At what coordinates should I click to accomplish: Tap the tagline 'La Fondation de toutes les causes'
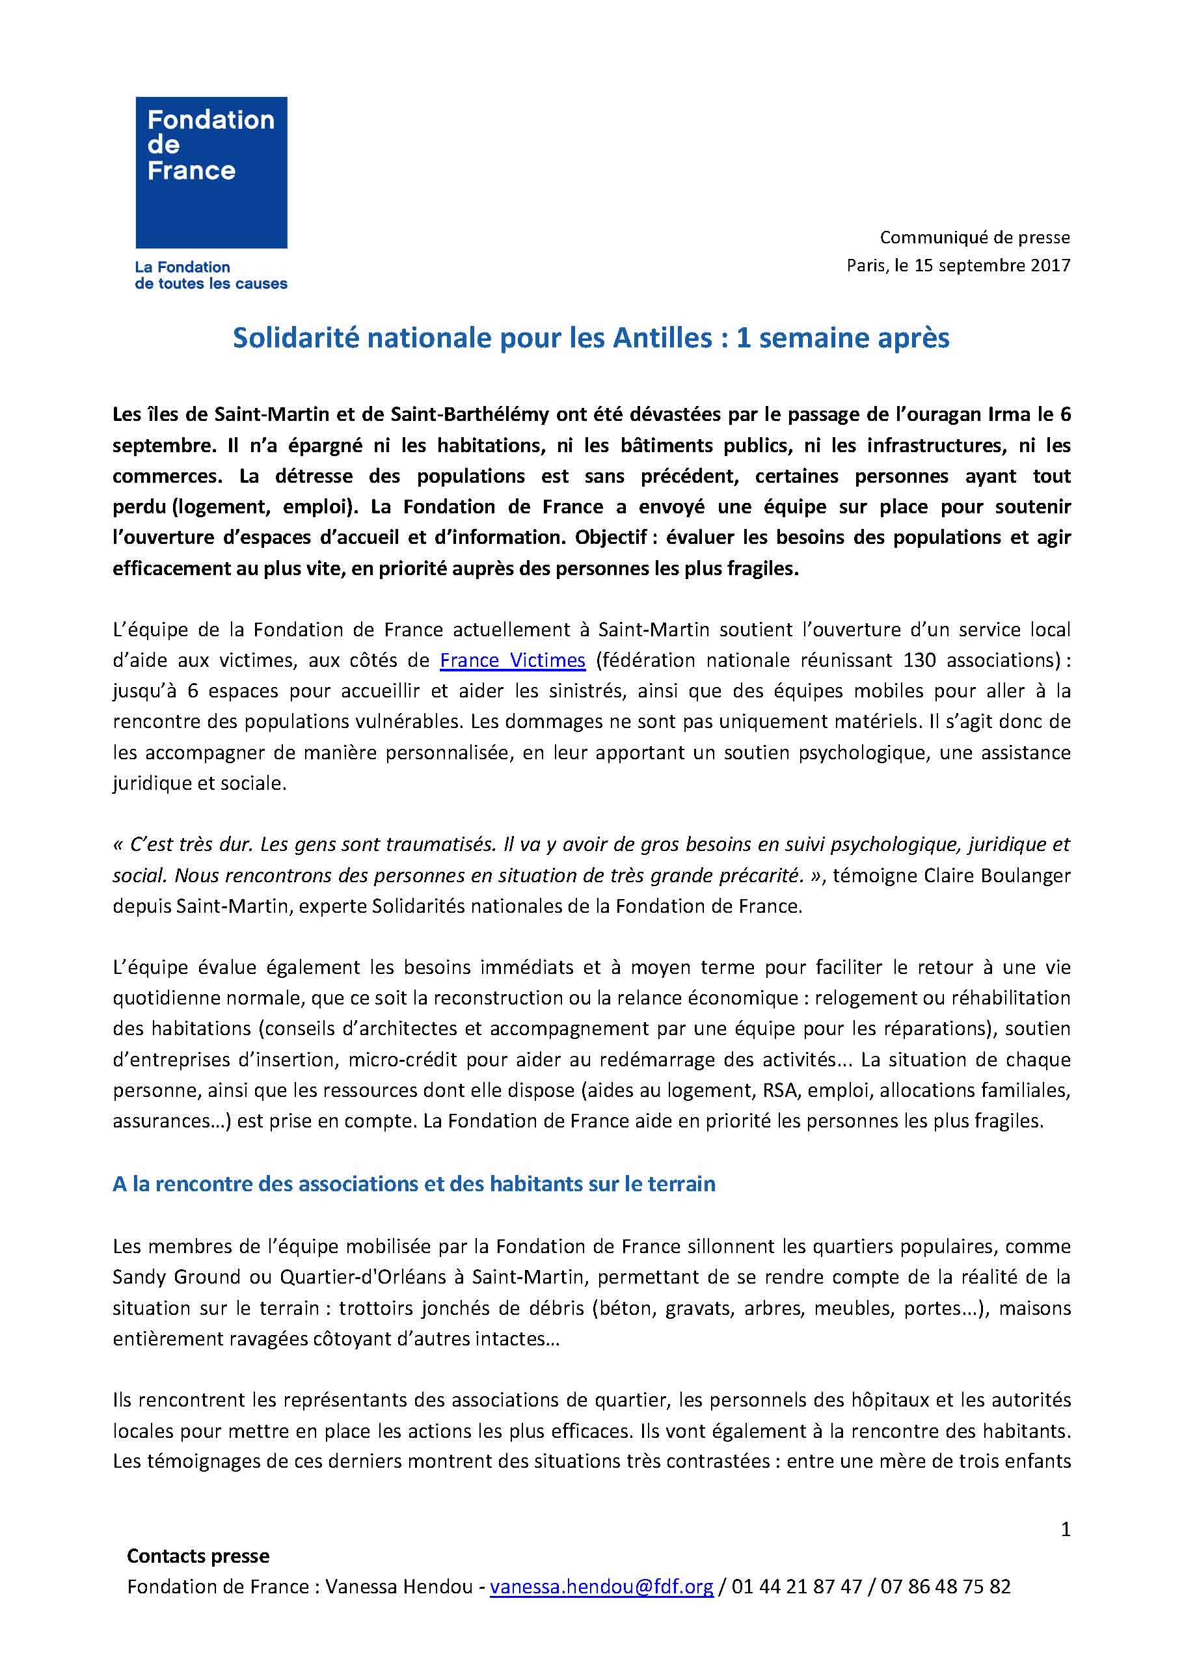[x=211, y=276]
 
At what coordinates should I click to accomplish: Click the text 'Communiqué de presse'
[x=974, y=237]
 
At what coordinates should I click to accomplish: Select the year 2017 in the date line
[x=1050, y=265]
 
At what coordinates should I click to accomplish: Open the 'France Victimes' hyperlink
[x=513, y=660]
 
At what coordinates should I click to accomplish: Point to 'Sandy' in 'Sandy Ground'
[x=141, y=1277]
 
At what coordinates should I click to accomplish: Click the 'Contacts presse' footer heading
[x=198, y=1556]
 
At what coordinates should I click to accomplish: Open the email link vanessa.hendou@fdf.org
[x=602, y=1587]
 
